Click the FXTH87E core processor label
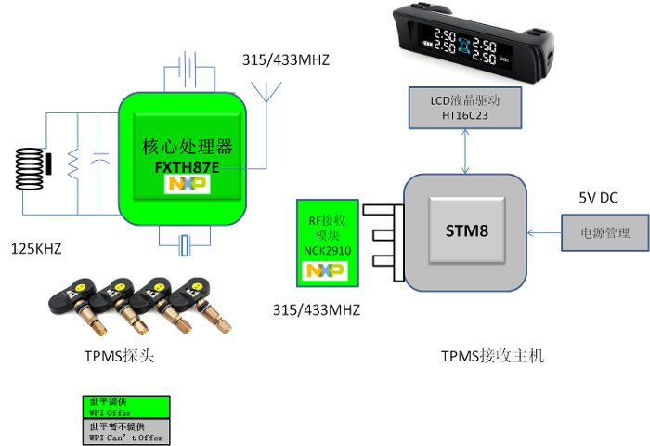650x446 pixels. pyautogui.click(x=187, y=157)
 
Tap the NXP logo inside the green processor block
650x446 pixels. pyautogui.click(x=188, y=184)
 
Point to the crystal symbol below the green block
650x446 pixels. pyautogui.click(x=186, y=245)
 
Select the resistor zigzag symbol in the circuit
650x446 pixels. pyautogui.click(x=73, y=166)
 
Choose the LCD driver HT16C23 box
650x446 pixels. pyautogui.click(x=464, y=108)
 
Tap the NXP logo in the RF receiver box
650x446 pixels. pyautogui.click(x=326, y=270)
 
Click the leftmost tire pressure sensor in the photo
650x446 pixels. pyautogui.click(x=79, y=302)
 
